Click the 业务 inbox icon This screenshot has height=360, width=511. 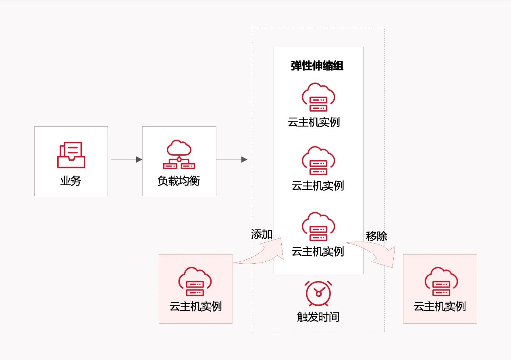(x=71, y=155)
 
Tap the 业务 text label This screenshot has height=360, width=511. (x=71, y=181)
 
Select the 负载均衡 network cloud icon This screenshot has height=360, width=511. (x=179, y=155)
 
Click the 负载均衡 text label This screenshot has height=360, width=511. (x=179, y=181)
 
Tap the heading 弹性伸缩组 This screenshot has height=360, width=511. (x=317, y=66)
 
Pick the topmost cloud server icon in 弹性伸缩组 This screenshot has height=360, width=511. (x=318, y=97)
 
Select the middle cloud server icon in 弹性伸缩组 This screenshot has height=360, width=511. (x=318, y=161)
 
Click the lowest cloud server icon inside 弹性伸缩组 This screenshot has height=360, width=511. (x=318, y=227)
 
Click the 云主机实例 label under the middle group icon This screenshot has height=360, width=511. (x=318, y=186)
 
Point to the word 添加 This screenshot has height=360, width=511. (x=262, y=234)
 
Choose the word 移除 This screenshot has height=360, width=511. (x=376, y=236)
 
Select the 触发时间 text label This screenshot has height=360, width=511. (x=318, y=317)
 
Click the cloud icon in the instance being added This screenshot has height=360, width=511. (x=195, y=281)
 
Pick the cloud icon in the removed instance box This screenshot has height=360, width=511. (x=440, y=281)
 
